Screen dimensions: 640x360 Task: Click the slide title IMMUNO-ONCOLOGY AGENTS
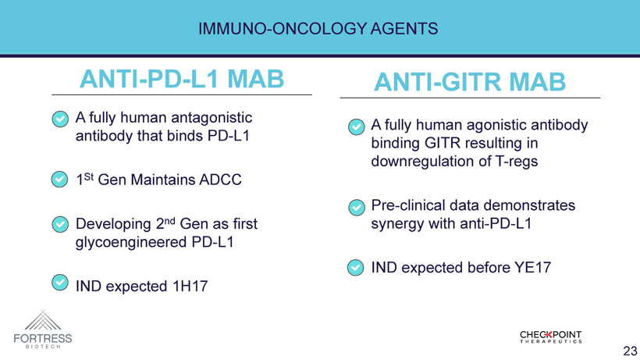pos(318,29)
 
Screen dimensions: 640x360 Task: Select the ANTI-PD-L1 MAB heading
pos(182,79)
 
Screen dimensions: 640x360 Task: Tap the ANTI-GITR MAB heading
pos(470,82)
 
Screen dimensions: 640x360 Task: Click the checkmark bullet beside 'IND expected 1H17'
pos(60,283)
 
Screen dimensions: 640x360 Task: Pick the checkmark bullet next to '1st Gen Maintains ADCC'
pos(59,179)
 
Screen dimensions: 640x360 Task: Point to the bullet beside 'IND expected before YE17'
pos(355,268)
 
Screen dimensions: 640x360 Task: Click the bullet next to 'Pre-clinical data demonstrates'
pos(357,208)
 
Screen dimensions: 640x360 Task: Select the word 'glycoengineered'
pos(131,242)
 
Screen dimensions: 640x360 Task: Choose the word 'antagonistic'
pos(212,118)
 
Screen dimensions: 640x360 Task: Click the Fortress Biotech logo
pos(43,329)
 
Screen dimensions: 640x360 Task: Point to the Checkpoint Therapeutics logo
pos(550,337)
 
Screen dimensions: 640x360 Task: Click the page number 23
pos(630,351)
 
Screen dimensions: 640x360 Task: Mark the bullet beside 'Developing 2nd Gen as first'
pos(60,224)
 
